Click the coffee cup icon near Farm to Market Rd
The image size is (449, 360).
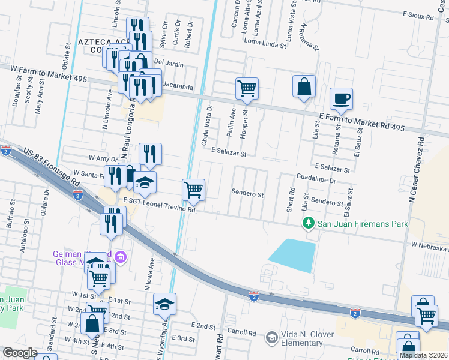tap(341, 98)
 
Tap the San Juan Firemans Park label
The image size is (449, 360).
tap(363, 224)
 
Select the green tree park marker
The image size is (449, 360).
tap(309, 223)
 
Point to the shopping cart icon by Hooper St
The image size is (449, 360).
tap(247, 88)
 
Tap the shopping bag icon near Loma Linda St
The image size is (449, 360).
tap(304, 86)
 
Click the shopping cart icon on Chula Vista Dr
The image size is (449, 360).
tap(193, 190)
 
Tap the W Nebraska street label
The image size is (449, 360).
tap(429, 246)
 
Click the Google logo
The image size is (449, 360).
tap(20, 353)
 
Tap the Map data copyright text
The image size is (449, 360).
tap(423, 355)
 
